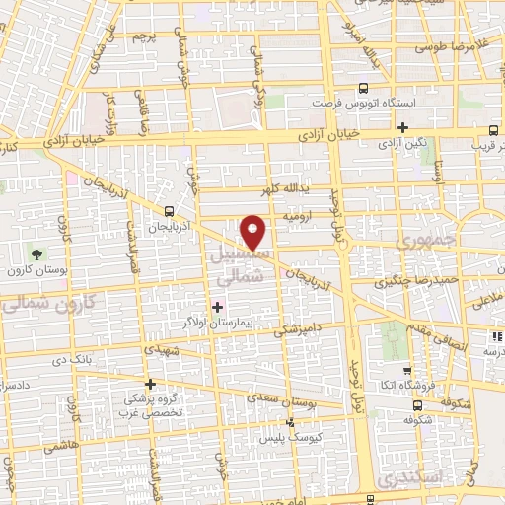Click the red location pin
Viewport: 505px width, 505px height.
[254, 231]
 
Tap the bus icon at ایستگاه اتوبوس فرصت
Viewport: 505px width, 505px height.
[363, 87]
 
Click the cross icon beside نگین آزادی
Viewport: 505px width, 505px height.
[402, 126]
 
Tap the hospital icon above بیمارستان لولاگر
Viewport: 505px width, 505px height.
[217, 307]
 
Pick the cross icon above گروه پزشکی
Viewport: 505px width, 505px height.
[150, 384]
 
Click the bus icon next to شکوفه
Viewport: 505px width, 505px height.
[418, 403]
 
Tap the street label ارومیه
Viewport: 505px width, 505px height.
[298, 214]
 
